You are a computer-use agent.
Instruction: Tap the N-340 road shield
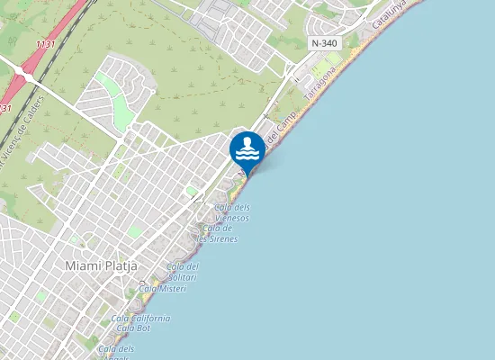click(x=324, y=43)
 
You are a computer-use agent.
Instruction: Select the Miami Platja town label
click(x=100, y=265)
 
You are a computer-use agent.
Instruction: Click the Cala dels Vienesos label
click(x=231, y=212)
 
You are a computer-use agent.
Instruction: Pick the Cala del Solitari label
click(x=183, y=272)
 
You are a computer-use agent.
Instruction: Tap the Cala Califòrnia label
click(x=140, y=319)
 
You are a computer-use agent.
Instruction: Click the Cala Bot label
click(x=132, y=328)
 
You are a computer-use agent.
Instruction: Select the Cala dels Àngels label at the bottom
click(x=116, y=349)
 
